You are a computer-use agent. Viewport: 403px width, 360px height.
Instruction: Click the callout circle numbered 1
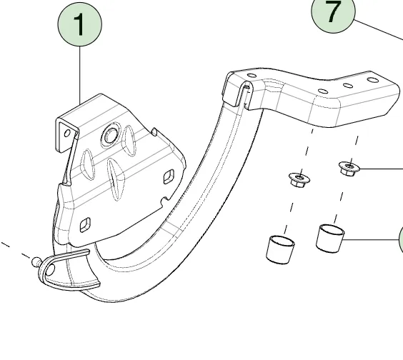pyautogui.click(x=80, y=24)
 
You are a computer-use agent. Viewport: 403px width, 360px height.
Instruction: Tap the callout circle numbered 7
pyautogui.click(x=333, y=12)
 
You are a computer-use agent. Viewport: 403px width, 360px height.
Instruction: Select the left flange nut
pyautogui.click(x=299, y=179)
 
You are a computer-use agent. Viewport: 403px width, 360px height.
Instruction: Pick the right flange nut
pyautogui.click(x=349, y=168)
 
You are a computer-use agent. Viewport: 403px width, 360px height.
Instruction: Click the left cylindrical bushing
pyautogui.click(x=280, y=249)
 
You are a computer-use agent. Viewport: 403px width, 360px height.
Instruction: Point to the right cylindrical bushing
pyautogui.click(x=330, y=239)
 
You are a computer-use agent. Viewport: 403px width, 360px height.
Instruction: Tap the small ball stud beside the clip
pyautogui.click(x=36, y=262)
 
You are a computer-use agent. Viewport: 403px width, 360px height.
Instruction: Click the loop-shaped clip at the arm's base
pyautogui.click(x=68, y=270)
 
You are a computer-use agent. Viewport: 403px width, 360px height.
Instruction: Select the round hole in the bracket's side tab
pyautogui.click(x=67, y=134)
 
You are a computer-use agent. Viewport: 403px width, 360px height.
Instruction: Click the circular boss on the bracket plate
pyautogui.click(x=111, y=135)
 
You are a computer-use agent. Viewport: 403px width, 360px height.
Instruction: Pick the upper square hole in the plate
pyautogui.click(x=169, y=176)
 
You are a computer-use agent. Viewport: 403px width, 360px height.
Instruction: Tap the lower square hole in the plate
pyautogui.click(x=85, y=225)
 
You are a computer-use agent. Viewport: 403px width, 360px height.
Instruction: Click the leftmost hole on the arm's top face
pyautogui.click(x=252, y=76)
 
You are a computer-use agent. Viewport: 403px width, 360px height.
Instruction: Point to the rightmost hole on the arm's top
pyautogui.click(x=373, y=80)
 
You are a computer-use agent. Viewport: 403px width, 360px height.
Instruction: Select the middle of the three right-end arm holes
pyautogui.click(x=348, y=85)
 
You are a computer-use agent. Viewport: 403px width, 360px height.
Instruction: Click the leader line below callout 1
pyautogui.click(x=80, y=76)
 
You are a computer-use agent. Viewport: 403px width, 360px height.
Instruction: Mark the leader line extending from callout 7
pyautogui.click(x=378, y=30)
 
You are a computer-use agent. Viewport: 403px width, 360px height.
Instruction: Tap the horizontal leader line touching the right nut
pyautogui.click(x=381, y=169)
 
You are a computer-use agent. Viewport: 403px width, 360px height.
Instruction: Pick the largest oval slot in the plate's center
pyautogui.click(x=116, y=179)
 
